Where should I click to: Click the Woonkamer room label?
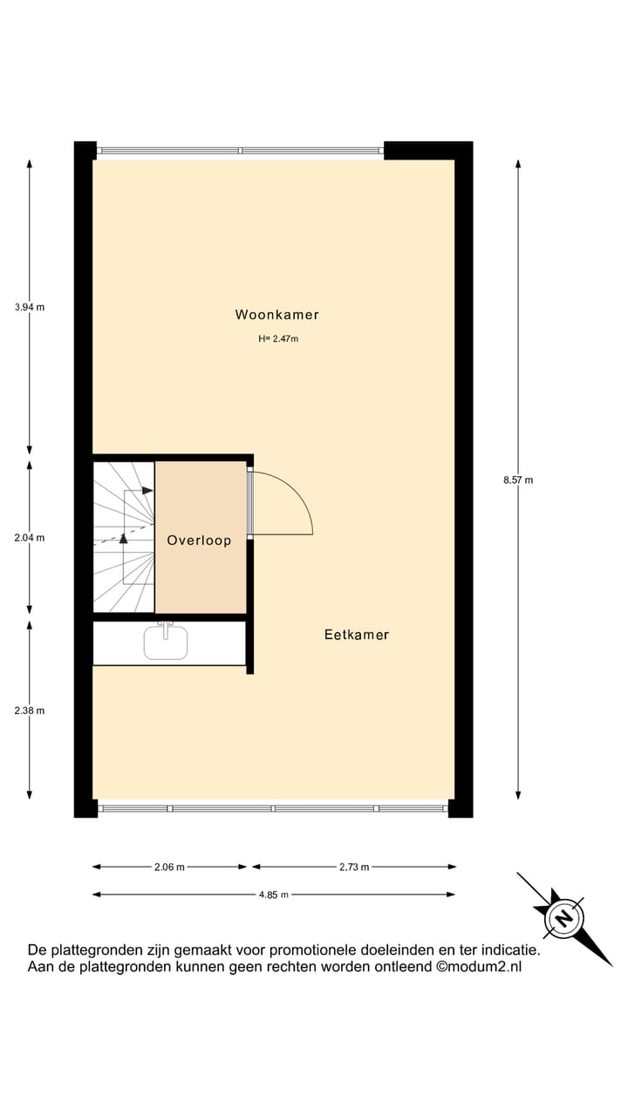(276, 315)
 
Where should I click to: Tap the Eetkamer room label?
(356, 635)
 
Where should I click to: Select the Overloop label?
(199, 541)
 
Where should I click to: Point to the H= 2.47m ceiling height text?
(278, 339)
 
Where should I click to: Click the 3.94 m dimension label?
(30, 307)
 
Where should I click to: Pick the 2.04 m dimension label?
(30, 538)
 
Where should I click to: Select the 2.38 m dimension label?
(30, 711)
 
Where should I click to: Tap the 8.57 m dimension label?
(518, 480)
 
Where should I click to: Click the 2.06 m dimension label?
(169, 867)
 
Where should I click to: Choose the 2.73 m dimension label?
(353, 867)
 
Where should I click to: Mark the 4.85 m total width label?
(273, 895)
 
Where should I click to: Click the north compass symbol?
(564, 918)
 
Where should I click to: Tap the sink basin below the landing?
(166, 643)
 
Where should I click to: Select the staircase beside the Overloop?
(124, 537)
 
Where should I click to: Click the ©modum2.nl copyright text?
(479, 966)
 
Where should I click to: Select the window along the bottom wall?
(274, 808)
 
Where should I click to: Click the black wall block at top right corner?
(428, 150)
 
